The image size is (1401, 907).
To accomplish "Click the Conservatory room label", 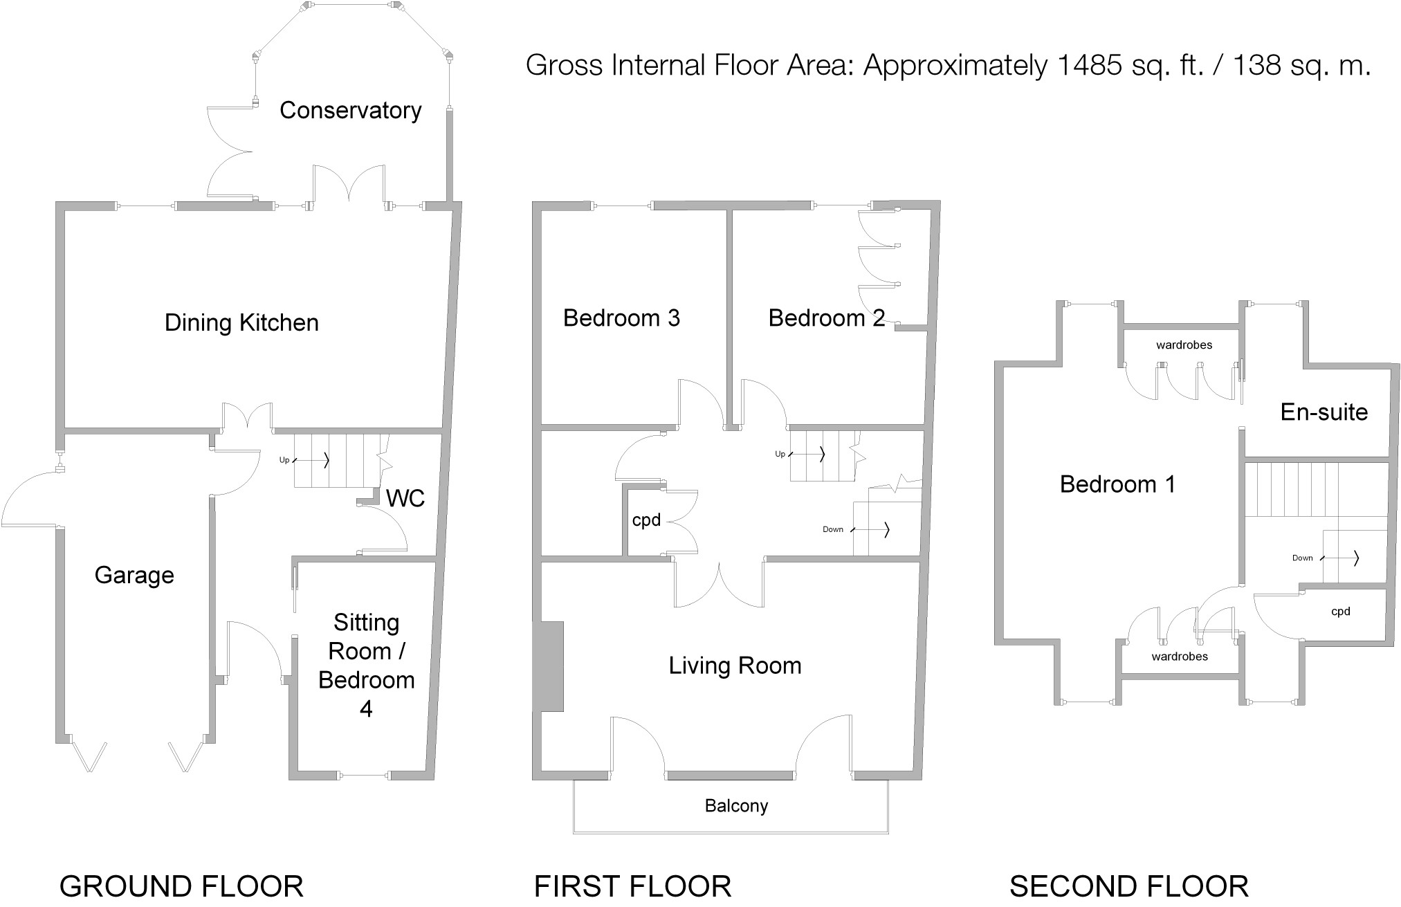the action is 350,110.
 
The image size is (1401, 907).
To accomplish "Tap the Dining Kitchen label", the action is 241,322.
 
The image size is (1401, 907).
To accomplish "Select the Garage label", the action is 134,575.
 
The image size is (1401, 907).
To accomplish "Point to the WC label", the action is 405,498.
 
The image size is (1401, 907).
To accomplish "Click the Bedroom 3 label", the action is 621,318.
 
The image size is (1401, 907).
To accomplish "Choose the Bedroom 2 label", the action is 827,318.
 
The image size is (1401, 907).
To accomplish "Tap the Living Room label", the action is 735,666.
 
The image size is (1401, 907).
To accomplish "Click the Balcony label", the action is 736,806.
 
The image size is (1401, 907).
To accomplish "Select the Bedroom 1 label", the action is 1117,484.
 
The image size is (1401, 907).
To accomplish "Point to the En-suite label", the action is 1324,412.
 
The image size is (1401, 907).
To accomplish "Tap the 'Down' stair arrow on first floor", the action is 870,530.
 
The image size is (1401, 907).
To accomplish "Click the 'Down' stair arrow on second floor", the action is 1340,558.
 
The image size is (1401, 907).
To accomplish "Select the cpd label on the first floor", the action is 646,520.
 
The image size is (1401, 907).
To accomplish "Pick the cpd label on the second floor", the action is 1341,612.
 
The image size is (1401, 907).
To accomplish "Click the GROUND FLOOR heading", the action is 181,886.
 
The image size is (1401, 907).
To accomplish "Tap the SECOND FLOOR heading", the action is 1129,886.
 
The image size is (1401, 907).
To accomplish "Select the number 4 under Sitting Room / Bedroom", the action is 366,708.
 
